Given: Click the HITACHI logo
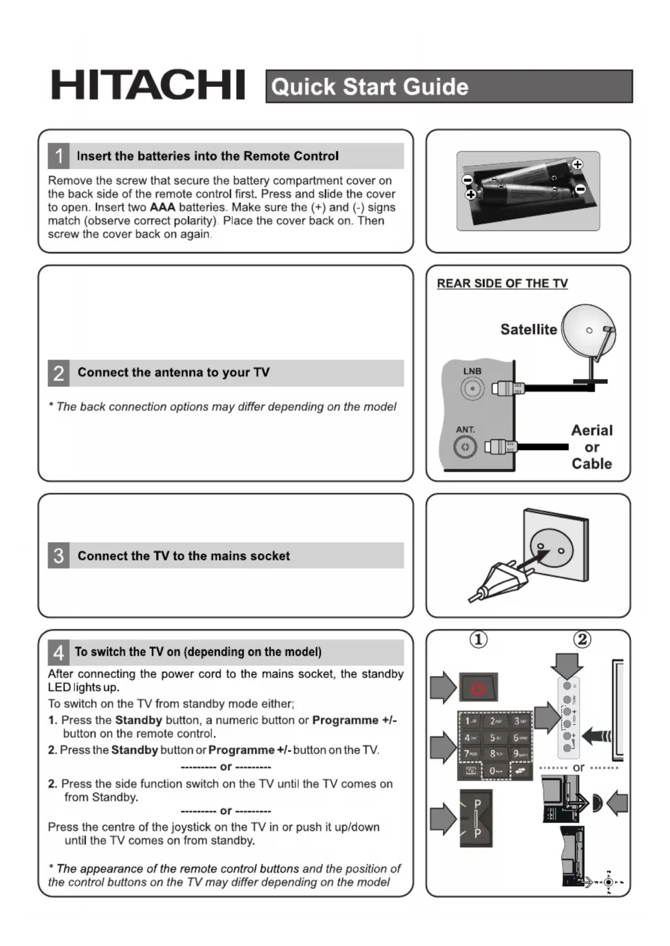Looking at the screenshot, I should point(148,85).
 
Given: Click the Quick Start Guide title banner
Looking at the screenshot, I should point(449,86).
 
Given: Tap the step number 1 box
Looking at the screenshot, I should point(58,156).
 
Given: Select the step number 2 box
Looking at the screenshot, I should point(58,373).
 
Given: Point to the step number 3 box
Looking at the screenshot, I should point(58,556).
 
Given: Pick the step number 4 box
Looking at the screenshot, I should point(58,652).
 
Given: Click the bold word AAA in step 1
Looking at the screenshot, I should point(163,208).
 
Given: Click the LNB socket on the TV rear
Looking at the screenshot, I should point(472,388).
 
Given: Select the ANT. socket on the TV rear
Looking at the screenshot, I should point(465,447).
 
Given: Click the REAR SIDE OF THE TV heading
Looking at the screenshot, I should point(502,284).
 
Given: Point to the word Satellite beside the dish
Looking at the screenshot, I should point(528,330).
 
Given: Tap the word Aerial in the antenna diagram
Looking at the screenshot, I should point(592,430).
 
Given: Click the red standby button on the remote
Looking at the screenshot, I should point(478,688).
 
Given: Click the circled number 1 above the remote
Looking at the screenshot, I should point(478,640).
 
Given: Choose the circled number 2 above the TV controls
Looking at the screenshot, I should point(582,640).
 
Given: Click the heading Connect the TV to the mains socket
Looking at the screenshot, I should point(184,556).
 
